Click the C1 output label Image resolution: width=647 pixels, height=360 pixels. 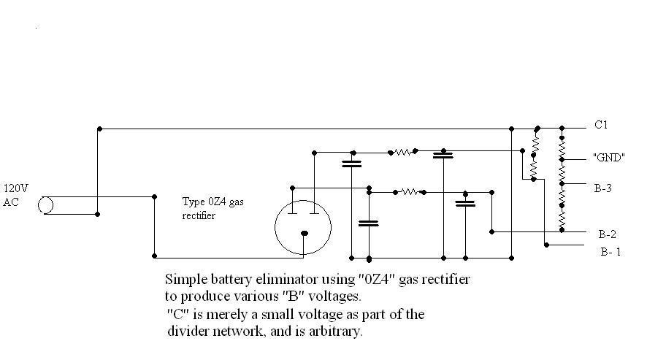point(601,126)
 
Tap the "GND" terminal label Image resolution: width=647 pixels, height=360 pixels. point(608,157)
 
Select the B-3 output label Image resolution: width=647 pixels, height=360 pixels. point(602,188)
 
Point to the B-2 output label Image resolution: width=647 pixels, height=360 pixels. point(608,234)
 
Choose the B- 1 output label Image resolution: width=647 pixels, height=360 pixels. point(610,252)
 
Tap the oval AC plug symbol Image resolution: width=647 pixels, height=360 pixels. point(46,205)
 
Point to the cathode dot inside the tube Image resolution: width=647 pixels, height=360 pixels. point(305,234)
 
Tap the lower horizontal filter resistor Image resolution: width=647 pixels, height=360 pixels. point(409,192)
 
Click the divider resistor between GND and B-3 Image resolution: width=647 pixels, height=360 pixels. point(562,173)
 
